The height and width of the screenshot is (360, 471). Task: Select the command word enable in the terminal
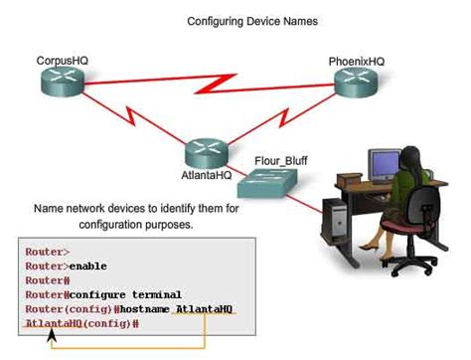(87, 267)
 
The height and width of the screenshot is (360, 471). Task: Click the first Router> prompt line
(48, 253)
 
